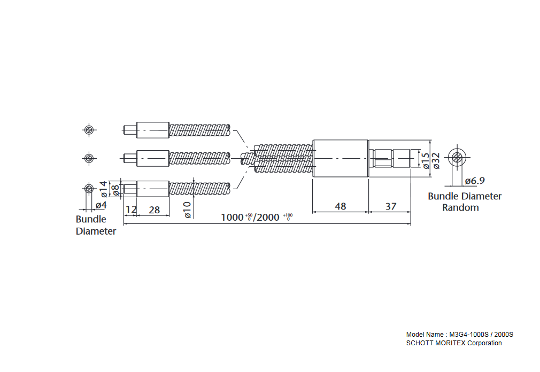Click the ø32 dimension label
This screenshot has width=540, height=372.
pyautogui.click(x=436, y=160)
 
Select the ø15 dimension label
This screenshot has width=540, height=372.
pyautogui.click(x=426, y=160)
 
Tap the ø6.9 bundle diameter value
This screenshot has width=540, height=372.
pyautogui.click(x=475, y=181)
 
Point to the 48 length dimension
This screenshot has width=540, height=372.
pyautogui.click(x=340, y=206)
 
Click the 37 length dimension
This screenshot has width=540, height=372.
pyautogui.click(x=390, y=206)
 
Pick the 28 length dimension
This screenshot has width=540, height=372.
pyautogui.click(x=154, y=210)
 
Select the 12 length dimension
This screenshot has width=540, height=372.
pyautogui.click(x=130, y=210)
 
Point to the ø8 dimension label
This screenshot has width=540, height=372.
pyautogui.click(x=115, y=189)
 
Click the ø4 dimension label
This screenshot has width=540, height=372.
pyautogui.click(x=101, y=205)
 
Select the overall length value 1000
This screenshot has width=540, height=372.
pyautogui.click(x=233, y=217)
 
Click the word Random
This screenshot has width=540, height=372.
pyautogui.click(x=460, y=207)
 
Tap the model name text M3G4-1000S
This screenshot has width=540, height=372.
pyautogui.click(x=466, y=335)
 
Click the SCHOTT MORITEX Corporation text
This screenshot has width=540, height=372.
pyautogui.click(x=454, y=343)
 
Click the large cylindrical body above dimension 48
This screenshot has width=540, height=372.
pyautogui.click(x=340, y=158)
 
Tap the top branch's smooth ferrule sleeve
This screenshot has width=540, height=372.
pyautogui.click(x=153, y=129)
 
